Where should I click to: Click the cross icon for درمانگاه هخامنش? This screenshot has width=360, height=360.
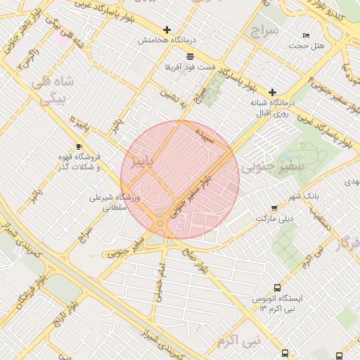pyautogui.click(x=167, y=30)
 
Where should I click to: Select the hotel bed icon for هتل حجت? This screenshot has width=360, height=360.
pyautogui.click(x=306, y=35)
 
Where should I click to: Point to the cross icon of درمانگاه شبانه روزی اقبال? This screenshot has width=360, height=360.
pyautogui.click(x=272, y=92)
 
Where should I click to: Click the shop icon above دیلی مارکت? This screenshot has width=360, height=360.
pyautogui.click(x=274, y=208)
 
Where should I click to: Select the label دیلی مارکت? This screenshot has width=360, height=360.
pyautogui.click(x=273, y=219)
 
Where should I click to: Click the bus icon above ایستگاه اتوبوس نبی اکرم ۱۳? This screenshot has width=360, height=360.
pyautogui.click(x=277, y=288)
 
